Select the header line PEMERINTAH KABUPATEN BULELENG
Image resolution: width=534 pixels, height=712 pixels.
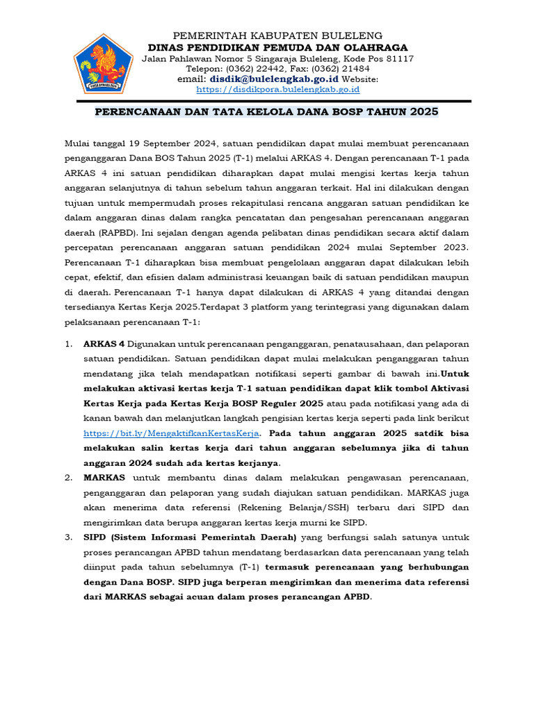[x=277, y=35]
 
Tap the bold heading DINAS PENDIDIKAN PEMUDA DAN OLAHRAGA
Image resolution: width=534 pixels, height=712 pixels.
[x=277, y=47]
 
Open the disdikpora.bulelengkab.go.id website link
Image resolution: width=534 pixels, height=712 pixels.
[x=277, y=89]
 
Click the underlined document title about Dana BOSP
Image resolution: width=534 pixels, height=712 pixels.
[x=267, y=111]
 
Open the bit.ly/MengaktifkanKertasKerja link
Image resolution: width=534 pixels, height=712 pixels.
[x=171, y=432]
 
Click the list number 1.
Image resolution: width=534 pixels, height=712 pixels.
[x=68, y=343]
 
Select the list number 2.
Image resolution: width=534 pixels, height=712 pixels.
[x=68, y=478]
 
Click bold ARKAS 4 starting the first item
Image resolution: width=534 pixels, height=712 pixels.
[x=104, y=343]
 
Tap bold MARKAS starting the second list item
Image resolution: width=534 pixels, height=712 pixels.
[x=104, y=478]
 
